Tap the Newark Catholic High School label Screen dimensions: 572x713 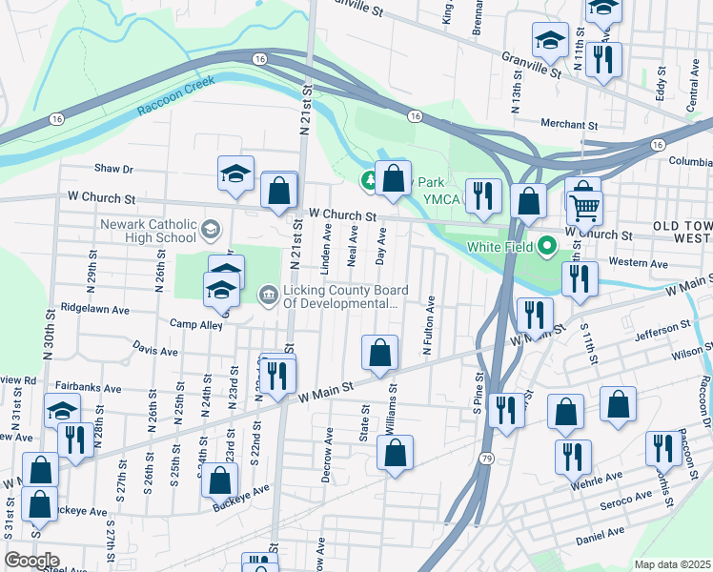(149, 231)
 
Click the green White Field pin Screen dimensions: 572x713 (546, 247)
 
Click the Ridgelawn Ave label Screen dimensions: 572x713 (94, 310)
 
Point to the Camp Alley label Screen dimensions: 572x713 (197, 326)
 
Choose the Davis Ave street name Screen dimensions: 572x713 (155, 350)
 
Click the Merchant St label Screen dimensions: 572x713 (567, 125)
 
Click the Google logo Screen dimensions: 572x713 (31, 560)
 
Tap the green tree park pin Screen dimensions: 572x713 (369, 179)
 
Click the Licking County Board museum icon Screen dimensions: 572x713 (268, 296)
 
